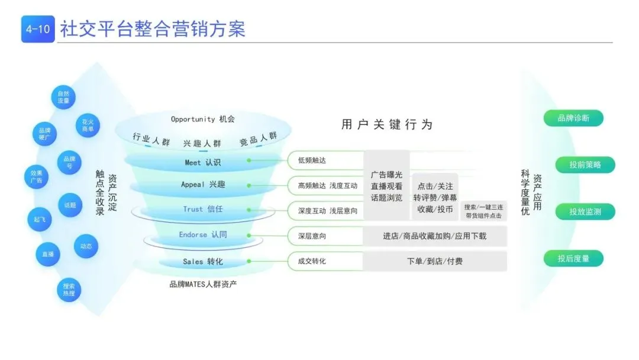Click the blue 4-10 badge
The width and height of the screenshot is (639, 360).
coord(38,29)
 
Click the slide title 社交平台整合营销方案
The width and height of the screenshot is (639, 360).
coord(153,28)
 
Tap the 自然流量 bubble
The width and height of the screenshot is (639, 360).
coord(63,97)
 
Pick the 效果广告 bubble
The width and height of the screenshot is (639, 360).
coord(36,178)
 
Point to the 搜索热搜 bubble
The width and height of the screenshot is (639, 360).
coord(69,289)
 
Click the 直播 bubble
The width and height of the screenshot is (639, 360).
coord(48,254)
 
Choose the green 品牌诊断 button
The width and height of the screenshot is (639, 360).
coord(573,118)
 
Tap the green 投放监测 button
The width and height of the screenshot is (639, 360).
coord(585,211)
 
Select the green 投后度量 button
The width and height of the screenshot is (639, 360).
coord(573,258)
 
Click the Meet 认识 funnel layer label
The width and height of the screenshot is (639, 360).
coord(202,162)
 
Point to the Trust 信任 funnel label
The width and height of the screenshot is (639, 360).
coord(203,209)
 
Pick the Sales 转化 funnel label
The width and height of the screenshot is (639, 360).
coord(202,261)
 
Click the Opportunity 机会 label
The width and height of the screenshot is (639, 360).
coord(202,119)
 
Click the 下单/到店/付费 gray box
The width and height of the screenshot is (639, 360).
coord(435,261)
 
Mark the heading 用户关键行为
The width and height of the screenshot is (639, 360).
coord(387,124)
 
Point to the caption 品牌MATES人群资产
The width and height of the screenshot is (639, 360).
coord(203,284)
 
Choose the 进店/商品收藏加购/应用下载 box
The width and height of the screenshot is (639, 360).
coord(435,236)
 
